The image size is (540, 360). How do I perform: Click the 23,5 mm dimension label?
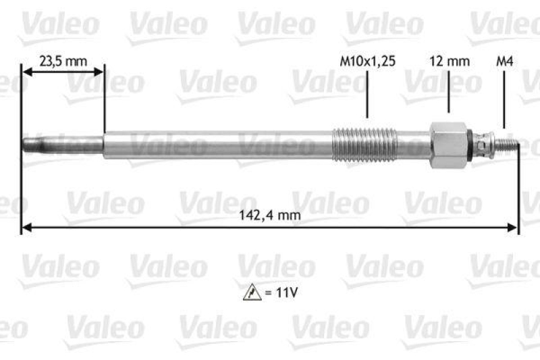(x=63, y=61)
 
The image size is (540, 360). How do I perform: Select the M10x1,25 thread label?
(x=367, y=61)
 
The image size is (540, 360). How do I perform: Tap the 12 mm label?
(x=449, y=61)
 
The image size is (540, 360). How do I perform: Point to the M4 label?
(x=504, y=61)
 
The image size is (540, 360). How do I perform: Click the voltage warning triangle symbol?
(x=249, y=294)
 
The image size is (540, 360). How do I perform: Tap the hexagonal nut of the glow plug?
(x=448, y=145)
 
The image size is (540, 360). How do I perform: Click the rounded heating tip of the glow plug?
(x=30, y=145)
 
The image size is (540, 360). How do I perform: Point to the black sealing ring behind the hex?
(x=470, y=145)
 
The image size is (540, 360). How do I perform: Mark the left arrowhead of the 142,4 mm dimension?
(x=26, y=228)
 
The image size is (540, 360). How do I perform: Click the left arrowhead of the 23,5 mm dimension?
(x=26, y=70)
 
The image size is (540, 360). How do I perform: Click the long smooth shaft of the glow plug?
(x=216, y=145)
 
